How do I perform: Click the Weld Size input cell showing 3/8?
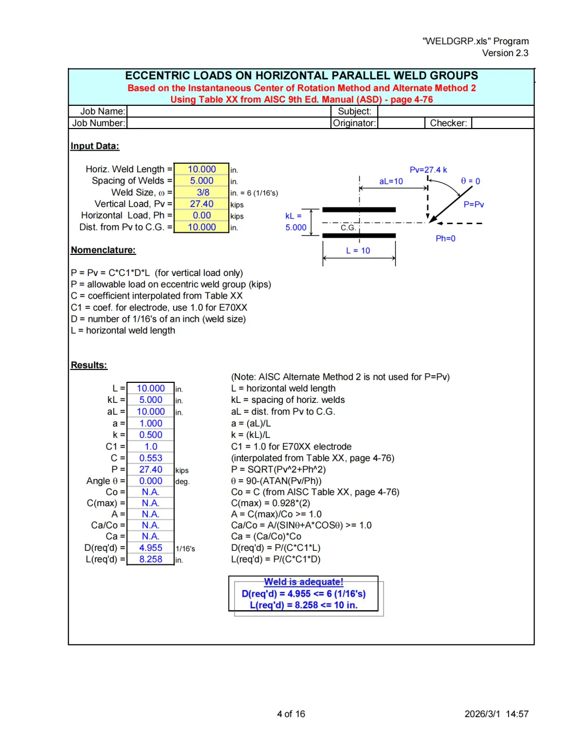202,192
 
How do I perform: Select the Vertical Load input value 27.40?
201,204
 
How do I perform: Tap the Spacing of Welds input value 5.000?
201,180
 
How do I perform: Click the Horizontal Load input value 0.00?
201,215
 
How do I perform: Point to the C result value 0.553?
151,458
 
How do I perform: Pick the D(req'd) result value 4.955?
151,548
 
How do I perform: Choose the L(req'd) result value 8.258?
151,559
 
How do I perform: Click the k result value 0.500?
151,435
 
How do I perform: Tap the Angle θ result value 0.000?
151,481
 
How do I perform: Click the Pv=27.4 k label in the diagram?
428,170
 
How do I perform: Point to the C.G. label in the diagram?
348,228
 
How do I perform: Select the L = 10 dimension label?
358,251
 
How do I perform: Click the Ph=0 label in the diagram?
445,238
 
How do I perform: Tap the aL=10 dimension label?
391,181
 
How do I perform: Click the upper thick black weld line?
359,210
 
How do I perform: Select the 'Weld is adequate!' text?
303,582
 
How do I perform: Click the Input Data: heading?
95,146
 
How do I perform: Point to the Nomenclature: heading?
103,250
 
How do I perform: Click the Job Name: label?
103,111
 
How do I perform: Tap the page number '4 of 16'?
291,714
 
